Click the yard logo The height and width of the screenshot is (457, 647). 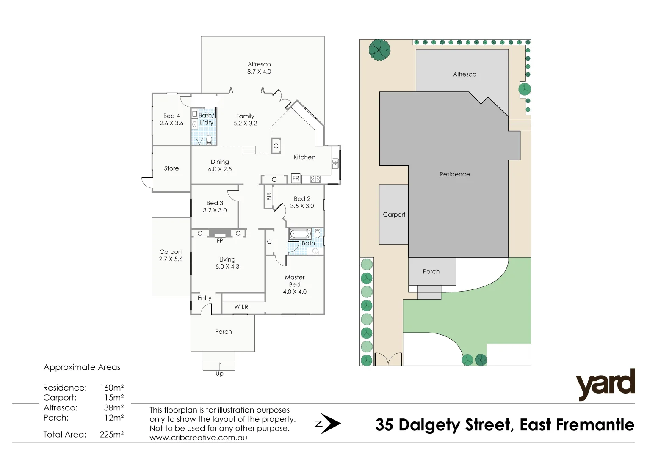pos(605,384)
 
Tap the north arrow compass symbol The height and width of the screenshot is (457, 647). pos(328,424)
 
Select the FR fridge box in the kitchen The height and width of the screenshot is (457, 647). pos(296,179)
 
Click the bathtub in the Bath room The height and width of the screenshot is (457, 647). pos(300,234)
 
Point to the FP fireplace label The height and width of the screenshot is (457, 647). pos(220,241)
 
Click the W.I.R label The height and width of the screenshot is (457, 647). pos(241,307)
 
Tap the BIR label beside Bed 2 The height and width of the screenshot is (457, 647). pos(269,196)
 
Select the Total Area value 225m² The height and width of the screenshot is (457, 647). pos(111,434)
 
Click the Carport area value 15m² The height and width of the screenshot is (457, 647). pos(114,398)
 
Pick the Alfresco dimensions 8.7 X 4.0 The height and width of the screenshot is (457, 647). pos(259,72)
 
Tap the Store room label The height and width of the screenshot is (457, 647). pos(171,168)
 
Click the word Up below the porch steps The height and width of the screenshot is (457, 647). pos(219,374)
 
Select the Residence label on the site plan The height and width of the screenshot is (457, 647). pos(454,174)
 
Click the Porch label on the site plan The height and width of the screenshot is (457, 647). pos(431,272)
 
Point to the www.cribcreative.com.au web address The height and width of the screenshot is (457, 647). pos(198,438)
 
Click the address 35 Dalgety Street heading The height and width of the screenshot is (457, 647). pos(504,425)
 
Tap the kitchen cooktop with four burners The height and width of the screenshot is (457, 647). pos(315,179)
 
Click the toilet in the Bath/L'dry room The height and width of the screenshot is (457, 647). pos(209,139)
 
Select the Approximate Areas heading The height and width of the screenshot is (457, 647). pos(82,367)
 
